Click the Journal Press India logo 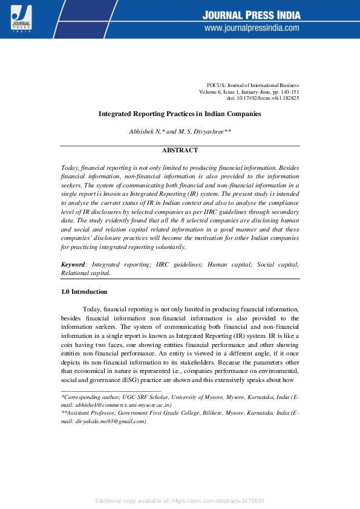21,18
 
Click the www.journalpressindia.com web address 252,28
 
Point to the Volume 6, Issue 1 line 249,91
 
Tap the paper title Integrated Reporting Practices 180,114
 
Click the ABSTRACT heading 180,151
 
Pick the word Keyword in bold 73,265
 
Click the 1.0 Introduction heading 84,291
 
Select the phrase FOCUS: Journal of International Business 253,85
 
